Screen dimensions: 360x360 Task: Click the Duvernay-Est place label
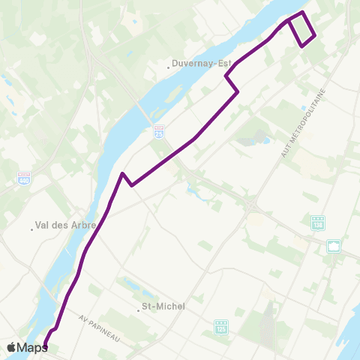click(202, 64)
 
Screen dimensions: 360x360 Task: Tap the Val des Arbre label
click(66, 224)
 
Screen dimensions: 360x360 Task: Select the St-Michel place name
click(163, 306)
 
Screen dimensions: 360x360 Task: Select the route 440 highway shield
click(24, 178)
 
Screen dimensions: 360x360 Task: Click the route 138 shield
click(318, 223)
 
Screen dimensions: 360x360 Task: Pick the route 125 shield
click(220, 326)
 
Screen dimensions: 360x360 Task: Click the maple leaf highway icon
click(333, 245)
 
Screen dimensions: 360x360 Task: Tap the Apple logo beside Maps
click(11, 347)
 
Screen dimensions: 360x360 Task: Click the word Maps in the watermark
click(32, 347)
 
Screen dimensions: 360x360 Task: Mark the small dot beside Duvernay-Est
click(169, 67)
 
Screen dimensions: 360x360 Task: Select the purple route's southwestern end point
click(45, 346)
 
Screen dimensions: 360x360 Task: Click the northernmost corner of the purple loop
click(302, 13)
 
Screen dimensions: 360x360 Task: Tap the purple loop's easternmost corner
click(315, 35)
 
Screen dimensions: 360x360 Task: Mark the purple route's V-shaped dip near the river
click(131, 184)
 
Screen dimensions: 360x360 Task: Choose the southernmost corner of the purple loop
click(301, 46)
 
